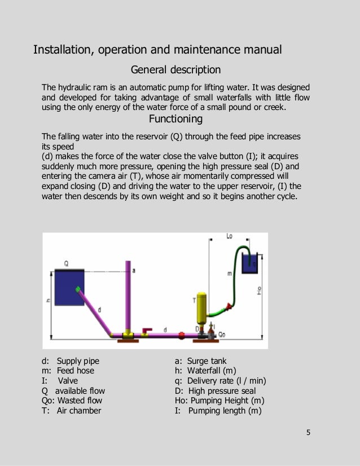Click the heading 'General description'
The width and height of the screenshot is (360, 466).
[175, 70]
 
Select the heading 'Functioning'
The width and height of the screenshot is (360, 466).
[175, 119]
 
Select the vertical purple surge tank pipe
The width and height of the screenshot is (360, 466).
[128, 296]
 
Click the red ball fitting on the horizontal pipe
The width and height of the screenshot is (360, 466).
[182, 335]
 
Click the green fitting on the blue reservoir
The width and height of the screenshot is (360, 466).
[79, 289]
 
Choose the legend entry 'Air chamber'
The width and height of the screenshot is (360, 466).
[78, 411]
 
